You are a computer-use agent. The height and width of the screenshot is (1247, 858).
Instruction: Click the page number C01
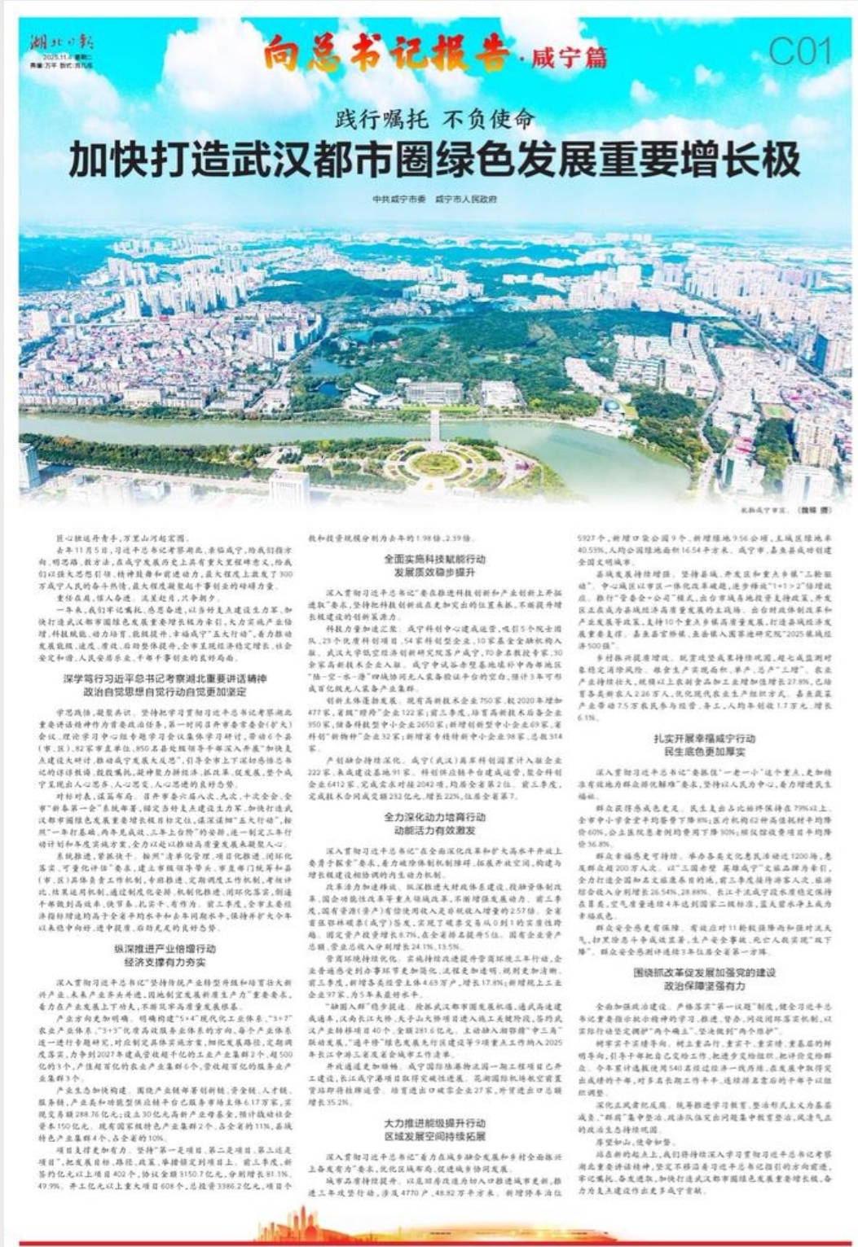(800, 52)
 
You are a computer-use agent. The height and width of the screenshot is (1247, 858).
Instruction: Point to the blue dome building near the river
(610, 406)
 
